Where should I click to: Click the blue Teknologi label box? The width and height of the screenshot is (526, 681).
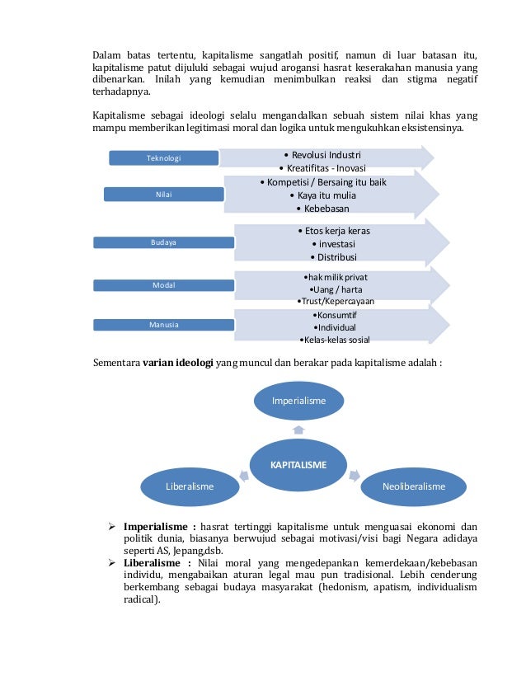pos(164,157)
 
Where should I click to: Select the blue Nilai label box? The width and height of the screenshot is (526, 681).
pos(164,195)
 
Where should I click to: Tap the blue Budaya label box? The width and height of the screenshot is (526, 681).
pos(164,242)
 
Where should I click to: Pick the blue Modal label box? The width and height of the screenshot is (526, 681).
pos(164,285)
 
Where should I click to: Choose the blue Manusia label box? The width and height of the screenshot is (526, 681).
pos(164,325)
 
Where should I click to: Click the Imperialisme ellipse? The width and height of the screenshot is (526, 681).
pos(299,401)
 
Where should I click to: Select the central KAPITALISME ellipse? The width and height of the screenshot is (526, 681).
pos(299,465)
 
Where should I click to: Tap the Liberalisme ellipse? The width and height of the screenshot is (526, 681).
pos(190,486)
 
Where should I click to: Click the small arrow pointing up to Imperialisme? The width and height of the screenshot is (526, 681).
pos(299,430)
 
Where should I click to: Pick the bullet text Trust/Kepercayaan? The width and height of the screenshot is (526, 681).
pos(339,301)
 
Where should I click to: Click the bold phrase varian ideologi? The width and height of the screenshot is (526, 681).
pos(176,361)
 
